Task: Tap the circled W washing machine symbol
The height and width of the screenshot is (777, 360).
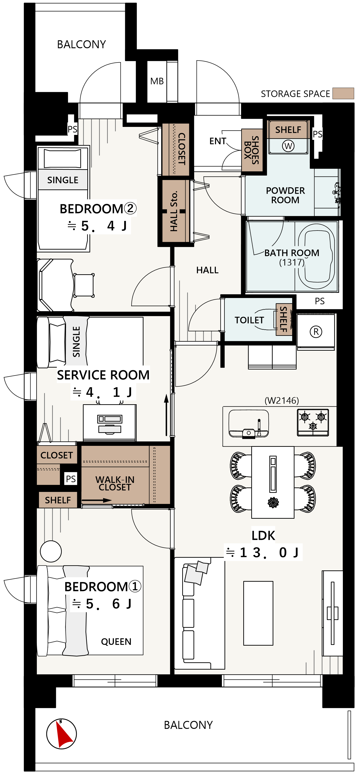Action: (x=288, y=146)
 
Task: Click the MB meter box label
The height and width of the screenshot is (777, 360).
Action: (x=157, y=81)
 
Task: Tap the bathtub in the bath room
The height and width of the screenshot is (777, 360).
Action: (x=317, y=256)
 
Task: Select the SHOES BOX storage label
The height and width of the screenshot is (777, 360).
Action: (x=252, y=150)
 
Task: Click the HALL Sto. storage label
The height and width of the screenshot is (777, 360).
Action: (x=174, y=211)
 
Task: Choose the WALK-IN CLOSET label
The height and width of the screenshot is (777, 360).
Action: (x=115, y=483)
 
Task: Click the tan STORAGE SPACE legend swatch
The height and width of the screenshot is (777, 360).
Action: (x=343, y=94)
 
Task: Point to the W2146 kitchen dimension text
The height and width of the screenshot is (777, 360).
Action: (x=282, y=400)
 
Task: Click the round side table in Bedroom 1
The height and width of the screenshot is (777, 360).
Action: (x=51, y=551)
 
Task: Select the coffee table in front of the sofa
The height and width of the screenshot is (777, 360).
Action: (x=258, y=613)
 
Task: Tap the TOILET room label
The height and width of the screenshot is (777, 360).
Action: (x=249, y=320)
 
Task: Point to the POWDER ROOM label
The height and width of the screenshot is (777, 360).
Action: (x=285, y=195)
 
